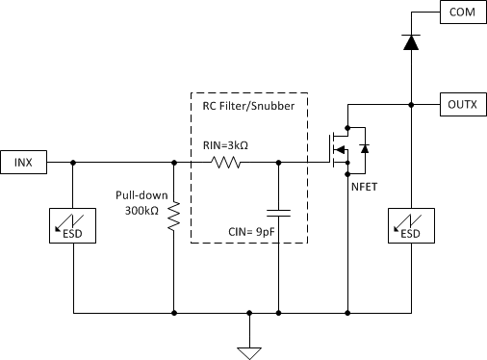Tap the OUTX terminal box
(x=460, y=103)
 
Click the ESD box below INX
(x=74, y=227)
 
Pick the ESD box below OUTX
(x=411, y=227)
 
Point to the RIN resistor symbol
(x=225, y=163)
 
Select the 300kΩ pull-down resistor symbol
(x=174, y=218)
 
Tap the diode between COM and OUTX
(x=411, y=42)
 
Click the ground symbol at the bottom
(x=250, y=350)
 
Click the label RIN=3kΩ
(x=227, y=145)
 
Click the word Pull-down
(x=141, y=193)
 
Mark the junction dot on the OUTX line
(x=411, y=103)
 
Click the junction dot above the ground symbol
(x=250, y=313)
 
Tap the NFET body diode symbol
(x=363, y=149)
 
